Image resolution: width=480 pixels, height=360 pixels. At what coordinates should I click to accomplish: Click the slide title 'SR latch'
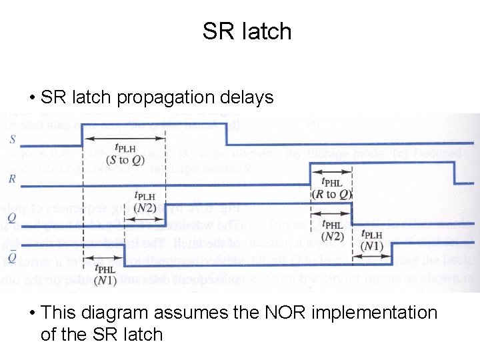[x=247, y=31]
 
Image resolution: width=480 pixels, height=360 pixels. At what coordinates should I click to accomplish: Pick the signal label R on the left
[x=13, y=179]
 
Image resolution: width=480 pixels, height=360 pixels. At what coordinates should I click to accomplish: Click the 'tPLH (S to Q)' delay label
[x=125, y=153]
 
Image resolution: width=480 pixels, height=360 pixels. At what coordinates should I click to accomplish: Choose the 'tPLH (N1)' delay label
[x=371, y=240]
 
